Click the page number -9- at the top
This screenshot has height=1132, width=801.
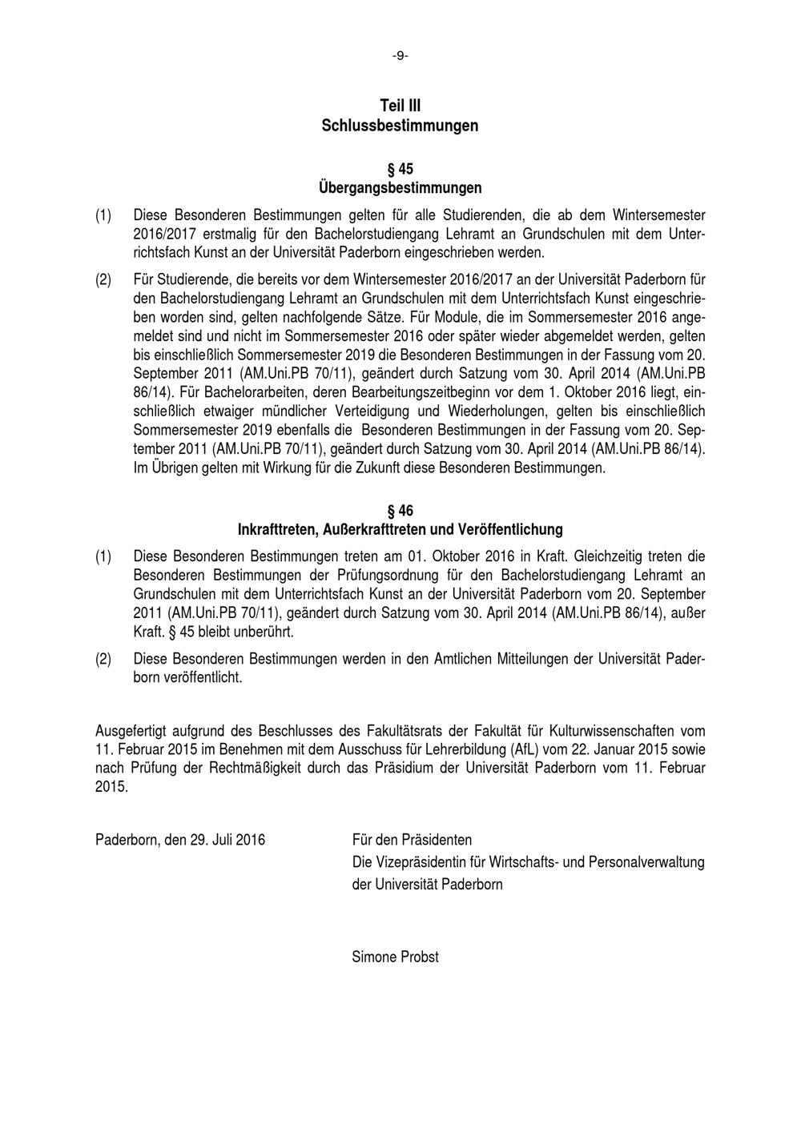[400, 56]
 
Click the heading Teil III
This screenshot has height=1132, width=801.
[400, 106]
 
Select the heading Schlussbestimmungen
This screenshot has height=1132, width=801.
[400, 126]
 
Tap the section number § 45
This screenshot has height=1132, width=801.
[400, 169]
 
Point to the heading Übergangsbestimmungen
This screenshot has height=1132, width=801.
[400, 188]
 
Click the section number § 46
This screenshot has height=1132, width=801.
[400, 511]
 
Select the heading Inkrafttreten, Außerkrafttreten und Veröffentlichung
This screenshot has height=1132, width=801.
[400, 530]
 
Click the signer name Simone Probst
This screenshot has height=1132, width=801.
[395, 957]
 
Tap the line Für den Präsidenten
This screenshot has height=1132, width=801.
[412, 840]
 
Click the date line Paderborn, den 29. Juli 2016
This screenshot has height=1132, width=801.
[180, 840]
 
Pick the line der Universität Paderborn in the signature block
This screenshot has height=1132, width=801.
[427, 885]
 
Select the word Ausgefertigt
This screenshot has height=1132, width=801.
[131, 731]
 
